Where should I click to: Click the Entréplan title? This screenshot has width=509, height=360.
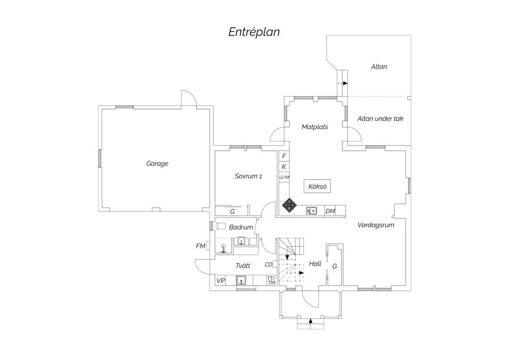254,32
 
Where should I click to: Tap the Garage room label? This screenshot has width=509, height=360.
157,163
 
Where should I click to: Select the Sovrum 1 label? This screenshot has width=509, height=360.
249,176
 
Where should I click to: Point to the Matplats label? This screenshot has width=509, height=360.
315,127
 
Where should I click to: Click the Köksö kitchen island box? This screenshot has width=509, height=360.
317,186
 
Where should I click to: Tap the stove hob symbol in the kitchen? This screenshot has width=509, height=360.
289,205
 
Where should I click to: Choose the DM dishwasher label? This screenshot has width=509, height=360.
330,211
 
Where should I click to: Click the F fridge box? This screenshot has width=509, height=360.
284,156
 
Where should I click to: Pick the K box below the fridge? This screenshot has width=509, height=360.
284,167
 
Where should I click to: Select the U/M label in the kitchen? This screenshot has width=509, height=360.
284,177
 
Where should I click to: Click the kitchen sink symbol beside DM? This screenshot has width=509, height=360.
311,211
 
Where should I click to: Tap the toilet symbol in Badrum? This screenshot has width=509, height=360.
221,226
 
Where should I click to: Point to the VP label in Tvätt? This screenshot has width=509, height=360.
221,281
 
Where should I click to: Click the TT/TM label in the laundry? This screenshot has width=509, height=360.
271,281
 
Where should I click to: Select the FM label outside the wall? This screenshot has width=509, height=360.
200,246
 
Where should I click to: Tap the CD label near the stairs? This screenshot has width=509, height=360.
268,264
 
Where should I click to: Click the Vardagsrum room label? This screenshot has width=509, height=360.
376,225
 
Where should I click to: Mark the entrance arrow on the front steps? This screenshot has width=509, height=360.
310,321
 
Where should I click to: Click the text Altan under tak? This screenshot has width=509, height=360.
380,118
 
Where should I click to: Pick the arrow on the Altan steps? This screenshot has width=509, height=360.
345,83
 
